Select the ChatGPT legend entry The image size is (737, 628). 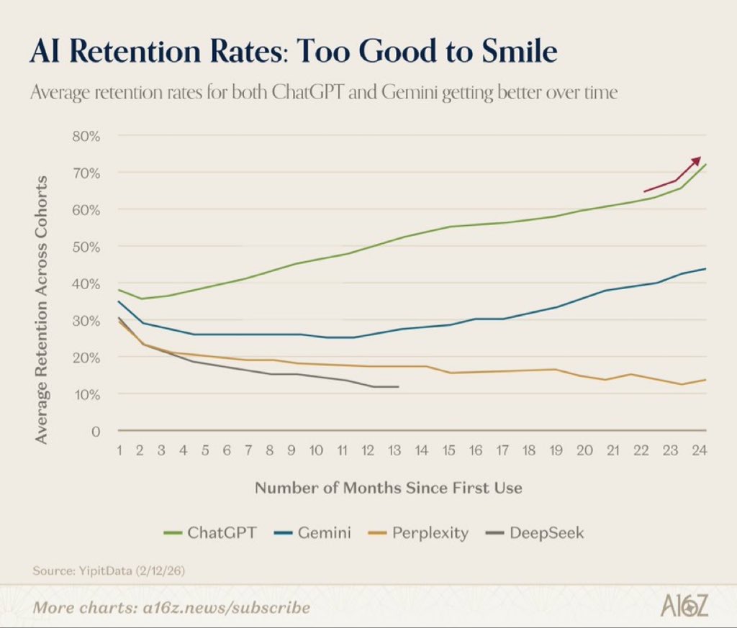pos(210,532)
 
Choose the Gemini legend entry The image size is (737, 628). pos(312,532)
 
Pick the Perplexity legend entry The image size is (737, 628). pos(418,533)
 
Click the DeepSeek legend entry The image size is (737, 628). pos(535,533)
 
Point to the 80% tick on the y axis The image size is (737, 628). pos(86,136)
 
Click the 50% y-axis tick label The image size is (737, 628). pos(86,247)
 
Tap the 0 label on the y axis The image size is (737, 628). pos(96,431)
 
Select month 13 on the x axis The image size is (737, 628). pos(394,450)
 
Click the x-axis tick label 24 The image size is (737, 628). pos(699,450)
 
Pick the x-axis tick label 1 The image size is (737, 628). pos(119,450)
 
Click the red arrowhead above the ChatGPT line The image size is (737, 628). pos(696,160)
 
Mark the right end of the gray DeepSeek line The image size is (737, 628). pos(399,386)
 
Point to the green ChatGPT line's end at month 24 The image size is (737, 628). pos(705,165)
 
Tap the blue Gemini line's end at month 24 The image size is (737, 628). pos(705,268)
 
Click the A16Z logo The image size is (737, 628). pos(684,606)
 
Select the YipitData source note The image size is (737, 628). pos(109,570)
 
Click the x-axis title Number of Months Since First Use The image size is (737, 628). pos(388,488)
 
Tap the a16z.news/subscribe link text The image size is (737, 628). pos(226,607)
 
